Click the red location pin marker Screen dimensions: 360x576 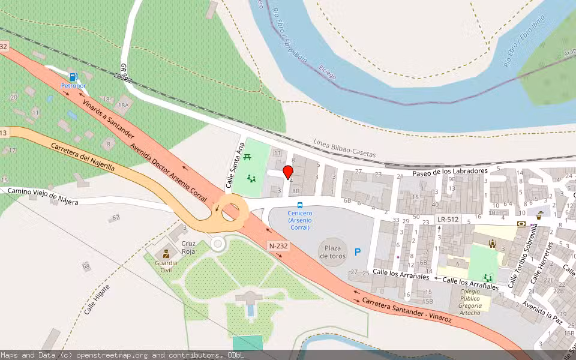click(x=287, y=172)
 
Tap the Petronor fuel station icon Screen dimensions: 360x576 click(x=73, y=77)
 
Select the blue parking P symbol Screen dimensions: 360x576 click(x=358, y=253)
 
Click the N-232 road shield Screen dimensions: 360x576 click(x=278, y=245)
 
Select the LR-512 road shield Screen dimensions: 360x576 click(x=448, y=220)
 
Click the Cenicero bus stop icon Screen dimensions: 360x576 click(x=300, y=205)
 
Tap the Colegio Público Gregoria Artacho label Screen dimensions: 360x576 click(x=470, y=302)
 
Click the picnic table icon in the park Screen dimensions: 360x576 click(x=247, y=157)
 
